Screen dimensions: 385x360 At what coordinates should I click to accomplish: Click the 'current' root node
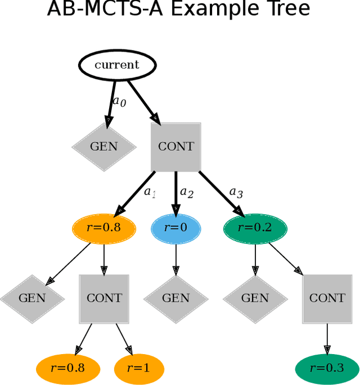click(116, 65)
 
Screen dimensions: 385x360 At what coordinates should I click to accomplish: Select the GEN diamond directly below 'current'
click(104, 147)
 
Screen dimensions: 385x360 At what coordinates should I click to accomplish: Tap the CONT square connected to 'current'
click(175, 147)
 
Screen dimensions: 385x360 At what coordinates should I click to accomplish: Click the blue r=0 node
click(175, 228)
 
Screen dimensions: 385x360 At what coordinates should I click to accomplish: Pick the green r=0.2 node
click(255, 228)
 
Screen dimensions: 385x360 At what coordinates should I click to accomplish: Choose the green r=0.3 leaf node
click(327, 368)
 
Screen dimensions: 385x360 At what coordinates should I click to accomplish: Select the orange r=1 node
click(139, 368)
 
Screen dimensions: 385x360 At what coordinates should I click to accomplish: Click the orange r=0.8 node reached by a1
click(104, 228)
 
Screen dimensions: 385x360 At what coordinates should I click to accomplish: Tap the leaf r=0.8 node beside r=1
click(68, 368)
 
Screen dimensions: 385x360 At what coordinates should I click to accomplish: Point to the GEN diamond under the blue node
click(175, 298)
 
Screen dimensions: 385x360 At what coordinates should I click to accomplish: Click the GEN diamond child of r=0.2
click(255, 298)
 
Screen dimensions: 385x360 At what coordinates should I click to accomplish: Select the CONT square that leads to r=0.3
click(327, 298)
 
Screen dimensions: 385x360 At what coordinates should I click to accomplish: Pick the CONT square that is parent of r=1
click(104, 298)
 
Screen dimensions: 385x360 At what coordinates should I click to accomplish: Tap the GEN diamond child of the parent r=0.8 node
click(32, 298)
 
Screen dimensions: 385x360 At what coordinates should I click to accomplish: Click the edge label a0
click(119, 102)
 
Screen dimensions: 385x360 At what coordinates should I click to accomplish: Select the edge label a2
click(186, 193)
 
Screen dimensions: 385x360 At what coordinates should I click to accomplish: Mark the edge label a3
click(236, 193)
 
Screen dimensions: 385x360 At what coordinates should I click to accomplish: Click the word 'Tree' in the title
click(287, 10)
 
